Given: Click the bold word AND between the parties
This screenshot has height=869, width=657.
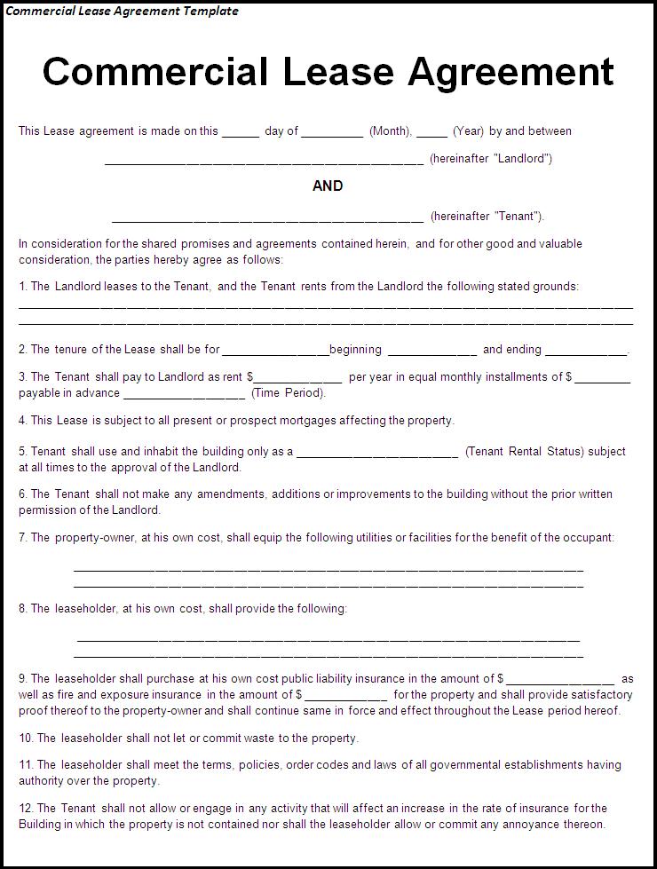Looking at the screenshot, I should [x=328, y=186].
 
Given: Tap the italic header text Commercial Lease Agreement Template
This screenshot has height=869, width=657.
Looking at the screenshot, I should [x=123, y=12].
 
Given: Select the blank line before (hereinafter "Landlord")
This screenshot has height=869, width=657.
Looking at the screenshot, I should [x=264, y=162].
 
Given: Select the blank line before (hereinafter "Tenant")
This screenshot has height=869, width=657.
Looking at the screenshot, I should [x=267, y=219].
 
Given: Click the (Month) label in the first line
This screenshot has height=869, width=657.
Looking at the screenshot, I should [x=390, y=131].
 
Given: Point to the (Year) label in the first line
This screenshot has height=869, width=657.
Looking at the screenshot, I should [x=468, y=131].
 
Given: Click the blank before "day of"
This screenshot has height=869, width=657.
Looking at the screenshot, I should [x=240, y=135].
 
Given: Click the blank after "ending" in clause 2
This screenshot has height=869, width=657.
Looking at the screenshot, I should [x=585, y=353].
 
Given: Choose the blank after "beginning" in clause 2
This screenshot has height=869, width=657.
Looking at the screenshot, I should [x=431, y=353].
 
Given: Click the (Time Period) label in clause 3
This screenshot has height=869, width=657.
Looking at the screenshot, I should [x=289, y=393].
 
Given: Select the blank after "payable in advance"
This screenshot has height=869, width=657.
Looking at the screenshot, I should [x=184, y=397].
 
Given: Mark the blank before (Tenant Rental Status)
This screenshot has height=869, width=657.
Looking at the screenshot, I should [x=376, y=455].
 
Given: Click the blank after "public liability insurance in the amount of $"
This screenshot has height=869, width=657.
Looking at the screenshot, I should [x=560, y=683].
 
